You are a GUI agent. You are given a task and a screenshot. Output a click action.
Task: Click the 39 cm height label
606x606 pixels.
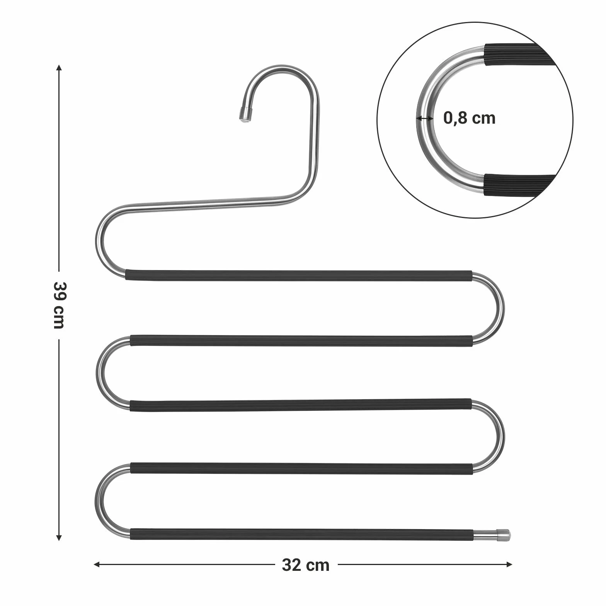[58, 305]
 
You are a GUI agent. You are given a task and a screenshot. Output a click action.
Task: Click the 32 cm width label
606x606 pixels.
[306, 565]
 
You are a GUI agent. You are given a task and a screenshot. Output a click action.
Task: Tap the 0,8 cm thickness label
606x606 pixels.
[469, 118]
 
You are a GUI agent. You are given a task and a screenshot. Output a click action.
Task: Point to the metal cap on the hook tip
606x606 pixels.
[244, 114]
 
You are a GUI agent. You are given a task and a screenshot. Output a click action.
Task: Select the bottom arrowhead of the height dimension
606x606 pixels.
[58, 537]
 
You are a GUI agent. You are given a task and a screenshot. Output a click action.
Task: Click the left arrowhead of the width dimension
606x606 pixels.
[97, 565]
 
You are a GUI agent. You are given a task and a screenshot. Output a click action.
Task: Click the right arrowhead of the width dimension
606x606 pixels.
[509, 565]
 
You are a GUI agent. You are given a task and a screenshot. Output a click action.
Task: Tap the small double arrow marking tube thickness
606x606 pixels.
[425, 118]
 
